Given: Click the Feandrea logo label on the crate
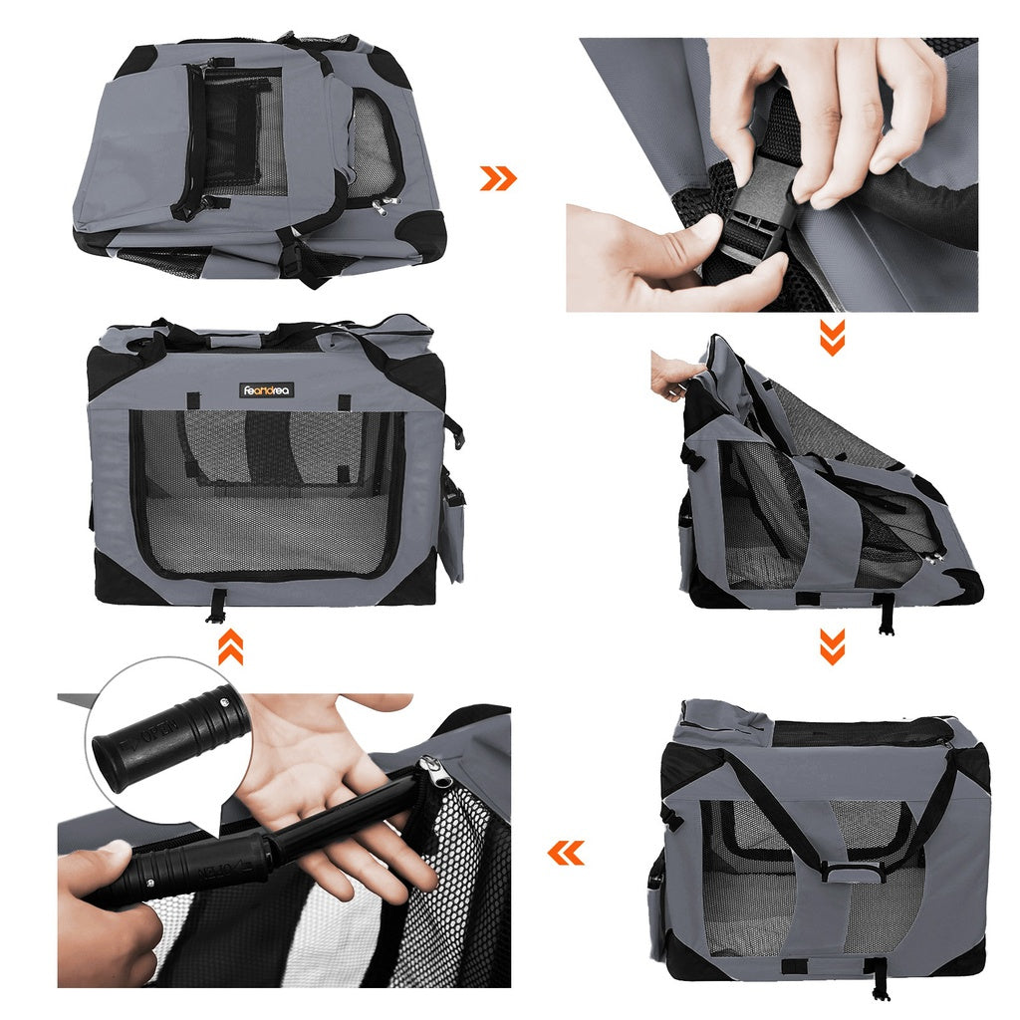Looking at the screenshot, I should click(267, 390).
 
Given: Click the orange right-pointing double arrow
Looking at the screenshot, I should click(498, 178).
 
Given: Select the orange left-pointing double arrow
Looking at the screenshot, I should click(566, 853).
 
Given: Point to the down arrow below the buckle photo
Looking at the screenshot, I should click(832, 338).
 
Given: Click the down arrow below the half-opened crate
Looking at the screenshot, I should click(832, 646).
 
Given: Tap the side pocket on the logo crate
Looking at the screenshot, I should click(451, 528).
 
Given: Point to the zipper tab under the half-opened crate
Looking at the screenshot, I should click(884, 615).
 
